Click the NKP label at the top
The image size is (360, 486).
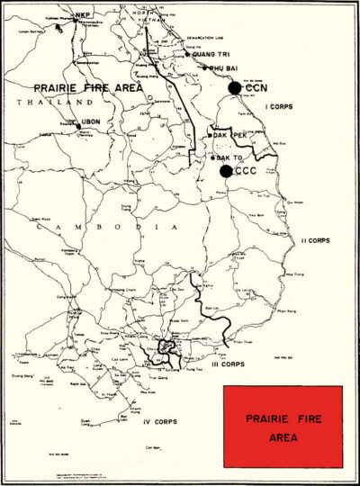(x=83, y=15)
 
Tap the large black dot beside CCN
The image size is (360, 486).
(x=235, y=87)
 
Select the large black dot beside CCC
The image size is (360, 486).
(x=226, y=171)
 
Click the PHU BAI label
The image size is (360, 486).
(x=222, y=67)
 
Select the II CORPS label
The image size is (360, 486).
(x=316, y=241)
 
